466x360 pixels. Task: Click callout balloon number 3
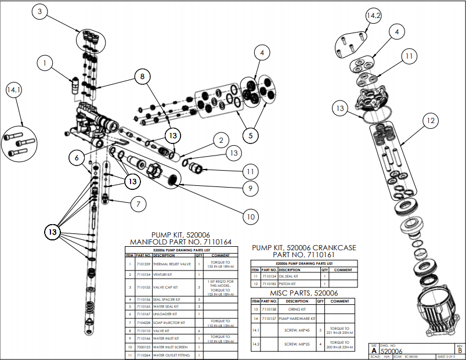click(x=39, y=12)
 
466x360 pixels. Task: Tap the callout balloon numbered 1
click(x=45, y=60)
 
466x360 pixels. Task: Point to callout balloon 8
click(x=140, y=75)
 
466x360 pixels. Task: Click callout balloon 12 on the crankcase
click(x=430, y=121)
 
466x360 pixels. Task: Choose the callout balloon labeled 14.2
click(x=373, y=16)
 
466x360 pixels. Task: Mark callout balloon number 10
click(x=250, y=217)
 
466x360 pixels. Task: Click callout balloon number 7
click(x=138, y=204)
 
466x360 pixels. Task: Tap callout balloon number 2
click(x=219, y=140)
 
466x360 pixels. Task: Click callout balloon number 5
click(x=251, y=135)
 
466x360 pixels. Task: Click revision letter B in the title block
click(x=460, y=350)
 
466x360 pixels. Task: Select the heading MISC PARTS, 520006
click(x=295, y=293)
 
